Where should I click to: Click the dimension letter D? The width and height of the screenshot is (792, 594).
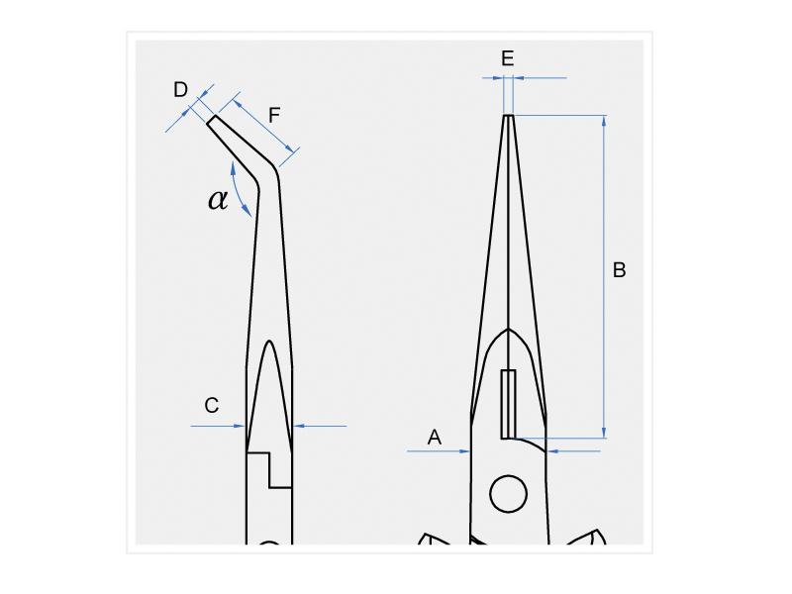click(180, 90)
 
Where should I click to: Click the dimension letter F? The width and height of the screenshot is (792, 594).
click(274, 116)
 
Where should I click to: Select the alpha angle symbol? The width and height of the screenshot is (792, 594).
click(218, 200)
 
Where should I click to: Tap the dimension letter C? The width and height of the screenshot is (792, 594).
click(212, 405)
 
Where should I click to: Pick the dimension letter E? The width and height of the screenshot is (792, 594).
click(508, 58)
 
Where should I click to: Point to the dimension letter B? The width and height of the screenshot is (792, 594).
click(620, 270)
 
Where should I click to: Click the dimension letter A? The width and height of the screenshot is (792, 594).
click(435, 437)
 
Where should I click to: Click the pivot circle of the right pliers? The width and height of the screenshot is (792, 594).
click(509, 493)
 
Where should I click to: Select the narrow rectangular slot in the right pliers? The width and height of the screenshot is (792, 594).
click(508, 404)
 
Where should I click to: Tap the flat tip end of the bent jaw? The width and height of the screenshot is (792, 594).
click(212, 119)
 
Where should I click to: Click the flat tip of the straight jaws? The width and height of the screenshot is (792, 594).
click(509, 116)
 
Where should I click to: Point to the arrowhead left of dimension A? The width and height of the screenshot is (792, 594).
click(464, 451)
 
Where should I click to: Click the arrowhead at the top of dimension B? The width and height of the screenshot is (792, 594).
click(604, 120)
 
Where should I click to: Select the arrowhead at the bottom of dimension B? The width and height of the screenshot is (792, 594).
click(604, 433)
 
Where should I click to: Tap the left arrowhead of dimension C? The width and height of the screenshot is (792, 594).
click(240, 426)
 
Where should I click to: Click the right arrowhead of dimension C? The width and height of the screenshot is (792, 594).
click(299, 426)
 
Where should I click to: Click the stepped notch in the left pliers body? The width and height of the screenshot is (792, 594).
click(269, 470)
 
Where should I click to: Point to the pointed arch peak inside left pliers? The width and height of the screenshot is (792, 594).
click(269, 342)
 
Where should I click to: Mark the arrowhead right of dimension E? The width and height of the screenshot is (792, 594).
click(519, 78)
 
